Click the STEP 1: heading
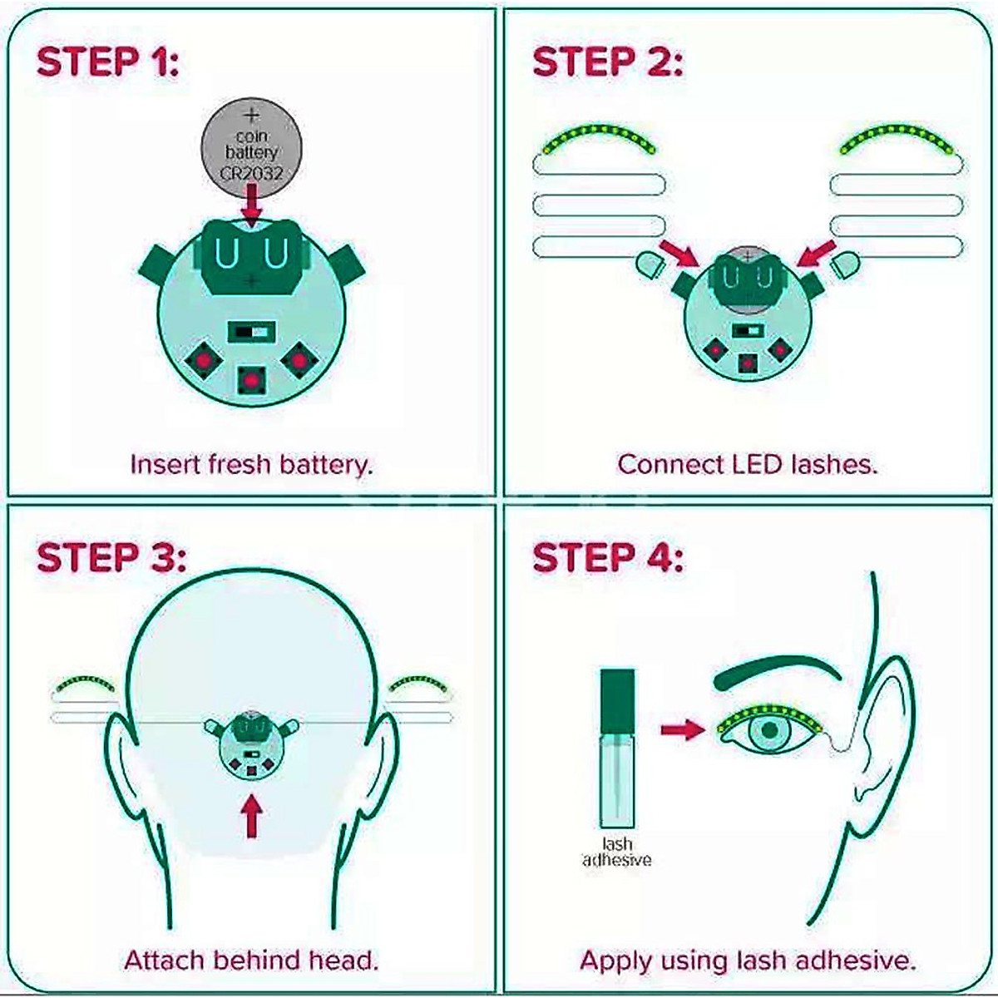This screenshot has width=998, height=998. coord(108,62)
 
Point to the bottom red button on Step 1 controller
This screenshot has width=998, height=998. coord(251,380)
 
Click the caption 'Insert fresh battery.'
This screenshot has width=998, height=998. coord(251,464)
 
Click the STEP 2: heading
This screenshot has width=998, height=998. coord(606,62)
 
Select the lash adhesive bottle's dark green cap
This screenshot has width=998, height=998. coord(616,690)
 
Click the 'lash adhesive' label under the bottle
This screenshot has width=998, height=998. coord(616,852)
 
